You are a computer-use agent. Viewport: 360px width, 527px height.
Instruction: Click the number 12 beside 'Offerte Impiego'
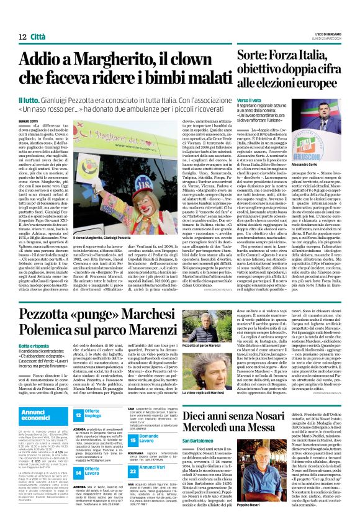click(x=79, y=413)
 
